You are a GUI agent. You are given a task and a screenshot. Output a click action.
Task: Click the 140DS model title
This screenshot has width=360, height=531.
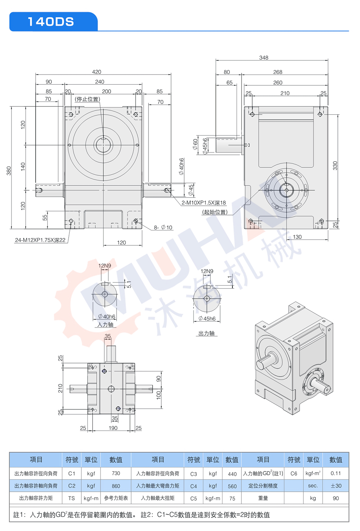coord(51,22)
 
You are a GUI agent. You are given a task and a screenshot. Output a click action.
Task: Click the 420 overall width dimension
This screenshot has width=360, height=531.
coord(96,72)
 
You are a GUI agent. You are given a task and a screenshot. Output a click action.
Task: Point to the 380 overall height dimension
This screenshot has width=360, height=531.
coord(9,171)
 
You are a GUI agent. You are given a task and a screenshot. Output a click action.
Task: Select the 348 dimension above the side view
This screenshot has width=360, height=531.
coord(264,58)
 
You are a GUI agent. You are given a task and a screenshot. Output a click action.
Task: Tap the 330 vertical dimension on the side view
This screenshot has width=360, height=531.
coord(335,166)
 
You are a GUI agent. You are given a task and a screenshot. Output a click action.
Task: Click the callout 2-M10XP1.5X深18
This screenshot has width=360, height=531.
coord(204,203)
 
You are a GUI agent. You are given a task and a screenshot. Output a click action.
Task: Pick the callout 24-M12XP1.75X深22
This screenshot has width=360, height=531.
coord(40,240)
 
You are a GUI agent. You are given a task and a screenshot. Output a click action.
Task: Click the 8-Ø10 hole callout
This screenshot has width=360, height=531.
coord(163,227)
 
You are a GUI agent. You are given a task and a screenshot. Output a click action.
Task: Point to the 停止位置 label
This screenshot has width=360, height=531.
coord(87,99)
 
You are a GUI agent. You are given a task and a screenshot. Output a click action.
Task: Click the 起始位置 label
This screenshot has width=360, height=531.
coord(215,212)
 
